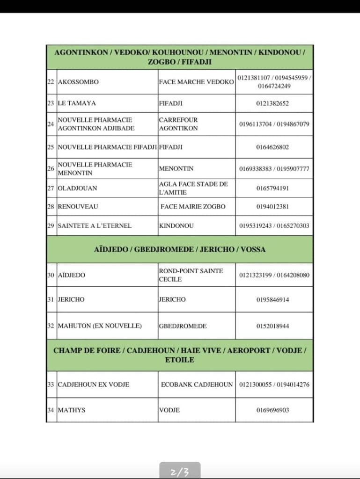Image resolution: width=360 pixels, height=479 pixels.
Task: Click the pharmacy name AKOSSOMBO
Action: (78, 82)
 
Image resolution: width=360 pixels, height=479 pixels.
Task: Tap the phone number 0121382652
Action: (272, 103)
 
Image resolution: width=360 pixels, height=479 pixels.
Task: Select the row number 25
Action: (51, 147)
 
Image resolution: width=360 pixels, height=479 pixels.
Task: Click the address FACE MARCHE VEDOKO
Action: (196, 82)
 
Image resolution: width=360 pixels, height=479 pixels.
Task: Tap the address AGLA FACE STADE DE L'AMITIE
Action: (193, 188)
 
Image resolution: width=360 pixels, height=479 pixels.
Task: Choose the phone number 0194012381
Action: (272, 206)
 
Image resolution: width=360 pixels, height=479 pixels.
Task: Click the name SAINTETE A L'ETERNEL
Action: (95, 225)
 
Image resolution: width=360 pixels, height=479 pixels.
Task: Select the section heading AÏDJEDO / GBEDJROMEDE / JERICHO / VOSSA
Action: (180, 249)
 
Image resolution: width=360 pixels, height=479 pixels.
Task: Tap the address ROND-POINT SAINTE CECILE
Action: (191, 275)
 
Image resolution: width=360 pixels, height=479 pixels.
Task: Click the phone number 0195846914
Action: (272, 299)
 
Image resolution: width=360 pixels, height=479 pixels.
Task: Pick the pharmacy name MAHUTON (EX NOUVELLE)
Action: (99, 326)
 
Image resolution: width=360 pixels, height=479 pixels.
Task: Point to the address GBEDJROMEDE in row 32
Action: (183, 326)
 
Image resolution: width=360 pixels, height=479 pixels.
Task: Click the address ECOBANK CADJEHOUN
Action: (197, 385)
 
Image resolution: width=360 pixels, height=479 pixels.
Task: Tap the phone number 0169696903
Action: (272, 410)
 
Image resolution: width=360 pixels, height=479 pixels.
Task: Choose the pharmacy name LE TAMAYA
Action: (77, 103)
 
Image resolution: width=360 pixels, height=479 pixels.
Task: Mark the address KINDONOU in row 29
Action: (176, 225)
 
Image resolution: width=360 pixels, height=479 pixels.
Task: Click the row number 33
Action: (51, 385)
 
